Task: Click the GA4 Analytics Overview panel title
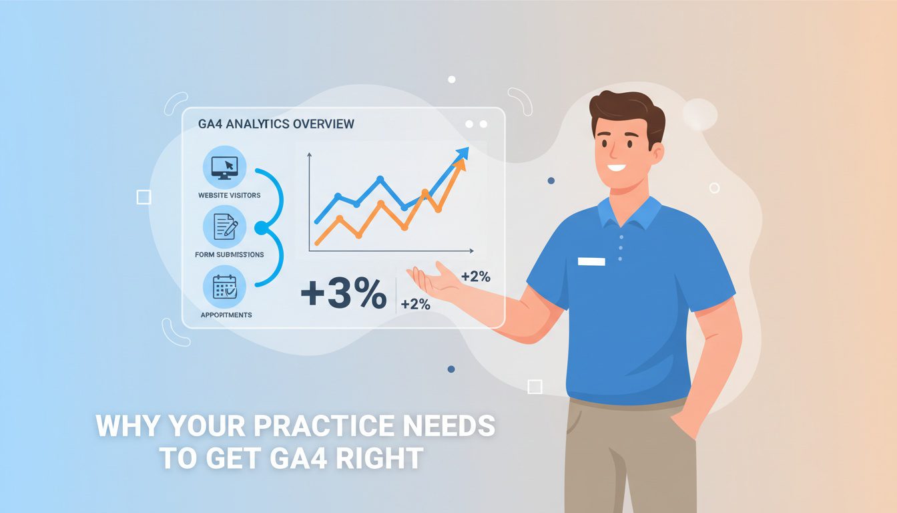pos(276,124)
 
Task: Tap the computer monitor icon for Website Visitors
pos(224,168)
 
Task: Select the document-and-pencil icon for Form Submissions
pos(224,227)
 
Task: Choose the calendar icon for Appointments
pos(224,287)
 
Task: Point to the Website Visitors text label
pos(229,195)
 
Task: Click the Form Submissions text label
pos(229,254)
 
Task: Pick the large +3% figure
pos(343,294)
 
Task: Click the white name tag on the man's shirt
pos(591,261)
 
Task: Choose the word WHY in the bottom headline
pos(124,426)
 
